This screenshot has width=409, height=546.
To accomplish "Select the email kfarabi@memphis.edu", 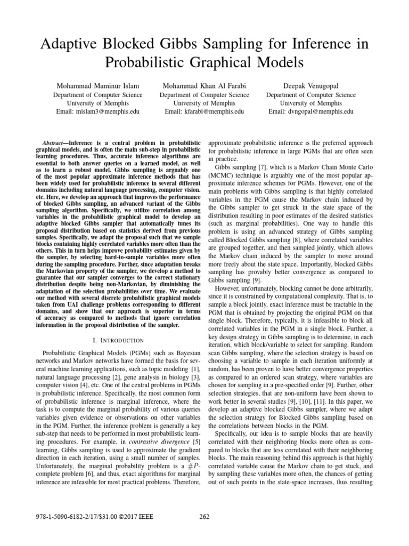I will [204, 112].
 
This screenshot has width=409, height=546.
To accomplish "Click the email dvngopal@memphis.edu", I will [310, 112].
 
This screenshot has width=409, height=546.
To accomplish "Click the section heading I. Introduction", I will [122, 340].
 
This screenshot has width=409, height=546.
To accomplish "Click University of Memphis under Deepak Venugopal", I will [310, 103].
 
